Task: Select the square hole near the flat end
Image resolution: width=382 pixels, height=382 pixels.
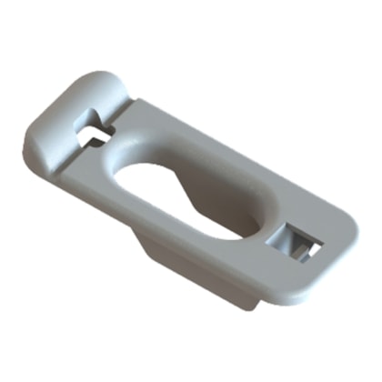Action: point(297,241)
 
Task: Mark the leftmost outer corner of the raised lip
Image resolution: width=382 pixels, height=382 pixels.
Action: point(30,136)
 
